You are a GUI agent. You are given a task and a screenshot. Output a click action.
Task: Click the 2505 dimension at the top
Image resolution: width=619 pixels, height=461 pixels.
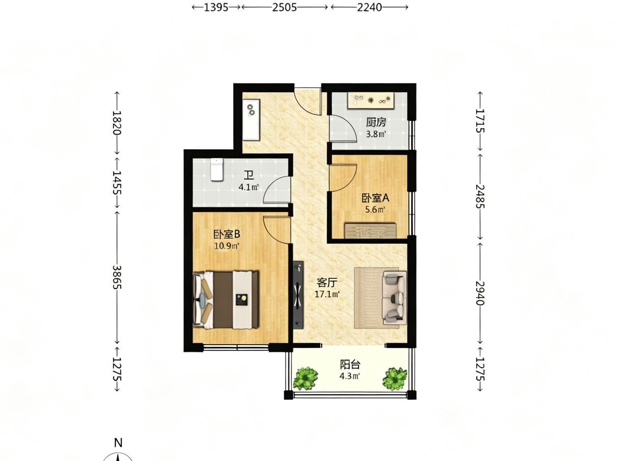point(284,7)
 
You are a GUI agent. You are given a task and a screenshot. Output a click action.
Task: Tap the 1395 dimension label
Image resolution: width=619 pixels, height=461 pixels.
point(216,7)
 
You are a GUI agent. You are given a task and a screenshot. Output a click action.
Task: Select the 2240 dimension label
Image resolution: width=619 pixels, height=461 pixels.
point(369,7)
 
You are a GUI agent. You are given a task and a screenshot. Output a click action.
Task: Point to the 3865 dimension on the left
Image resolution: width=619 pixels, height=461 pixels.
point(117,277)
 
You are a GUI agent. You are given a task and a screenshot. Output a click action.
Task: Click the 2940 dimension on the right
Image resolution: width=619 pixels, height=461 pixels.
point(479,293)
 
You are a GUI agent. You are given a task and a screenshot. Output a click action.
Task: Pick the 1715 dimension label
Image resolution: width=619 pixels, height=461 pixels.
point(479,121)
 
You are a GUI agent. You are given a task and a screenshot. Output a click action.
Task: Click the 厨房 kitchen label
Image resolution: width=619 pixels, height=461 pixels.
point(376,122)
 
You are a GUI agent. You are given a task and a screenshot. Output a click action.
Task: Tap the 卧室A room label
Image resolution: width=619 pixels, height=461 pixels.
point(375,198)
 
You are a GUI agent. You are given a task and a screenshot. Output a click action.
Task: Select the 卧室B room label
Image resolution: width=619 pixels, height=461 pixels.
point(227,234)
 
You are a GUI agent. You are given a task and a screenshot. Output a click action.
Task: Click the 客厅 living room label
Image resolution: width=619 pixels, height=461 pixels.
point(327,282)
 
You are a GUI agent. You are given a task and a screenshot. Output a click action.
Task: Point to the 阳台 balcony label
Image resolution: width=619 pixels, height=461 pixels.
point(350,364)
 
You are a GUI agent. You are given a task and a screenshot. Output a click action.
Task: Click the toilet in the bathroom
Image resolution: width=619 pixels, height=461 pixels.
point(217,169)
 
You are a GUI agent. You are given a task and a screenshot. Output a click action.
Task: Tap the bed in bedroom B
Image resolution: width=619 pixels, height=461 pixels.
point(226,300)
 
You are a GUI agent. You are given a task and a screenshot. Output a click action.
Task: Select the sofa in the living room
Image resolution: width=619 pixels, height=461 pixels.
point(394,298)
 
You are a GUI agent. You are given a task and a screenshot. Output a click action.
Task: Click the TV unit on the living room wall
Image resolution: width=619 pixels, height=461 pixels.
point(298,295)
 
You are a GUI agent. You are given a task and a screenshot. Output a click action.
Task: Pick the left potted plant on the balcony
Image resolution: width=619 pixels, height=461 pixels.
point(306,379)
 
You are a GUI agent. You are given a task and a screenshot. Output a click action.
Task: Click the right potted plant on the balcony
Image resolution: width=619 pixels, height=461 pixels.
point(394,379)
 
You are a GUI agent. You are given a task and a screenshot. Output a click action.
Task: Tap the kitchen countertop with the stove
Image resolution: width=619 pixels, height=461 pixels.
point(370,101)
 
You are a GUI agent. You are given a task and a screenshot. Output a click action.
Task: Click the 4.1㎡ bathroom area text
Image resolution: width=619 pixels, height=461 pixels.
point(249,187)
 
